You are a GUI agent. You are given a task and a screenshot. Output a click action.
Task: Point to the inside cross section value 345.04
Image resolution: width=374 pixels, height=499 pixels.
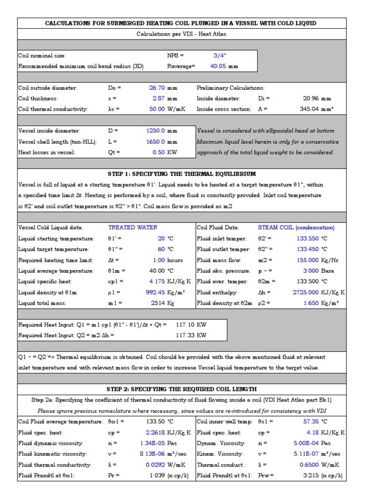(309, 109)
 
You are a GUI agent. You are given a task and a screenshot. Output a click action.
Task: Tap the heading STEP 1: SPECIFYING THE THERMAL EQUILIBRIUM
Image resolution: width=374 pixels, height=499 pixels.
(182, 174)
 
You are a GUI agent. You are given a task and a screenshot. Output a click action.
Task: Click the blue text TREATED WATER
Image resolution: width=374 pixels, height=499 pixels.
(132, 228)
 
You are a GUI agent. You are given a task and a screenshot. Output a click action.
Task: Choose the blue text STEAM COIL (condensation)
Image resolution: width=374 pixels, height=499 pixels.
(296, 228)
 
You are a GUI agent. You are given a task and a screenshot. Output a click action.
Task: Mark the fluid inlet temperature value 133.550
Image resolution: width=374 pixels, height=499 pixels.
(308, 239)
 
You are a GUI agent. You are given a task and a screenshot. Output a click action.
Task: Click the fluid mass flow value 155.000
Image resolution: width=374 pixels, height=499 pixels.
(308, 260)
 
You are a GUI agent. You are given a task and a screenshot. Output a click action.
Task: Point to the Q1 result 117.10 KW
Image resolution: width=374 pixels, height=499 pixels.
(191, 325)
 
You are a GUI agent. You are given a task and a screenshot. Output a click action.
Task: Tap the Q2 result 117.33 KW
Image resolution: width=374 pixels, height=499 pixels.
(191, 335)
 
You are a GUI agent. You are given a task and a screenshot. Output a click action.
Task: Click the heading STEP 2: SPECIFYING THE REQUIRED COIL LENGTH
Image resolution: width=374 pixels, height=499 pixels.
(182, 389)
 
